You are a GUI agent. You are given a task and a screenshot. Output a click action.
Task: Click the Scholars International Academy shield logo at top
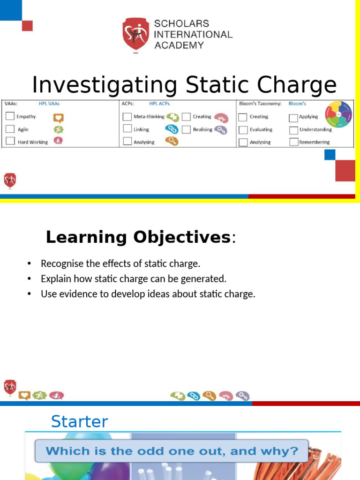click(x=136, y=34)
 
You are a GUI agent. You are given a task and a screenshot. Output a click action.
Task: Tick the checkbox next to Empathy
click(x=10, y=116)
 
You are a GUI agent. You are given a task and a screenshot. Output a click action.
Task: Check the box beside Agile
click(x=10, y=129)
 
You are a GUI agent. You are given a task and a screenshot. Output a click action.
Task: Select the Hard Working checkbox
click(x=10, y=141)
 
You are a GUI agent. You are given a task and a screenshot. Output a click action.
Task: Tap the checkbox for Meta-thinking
click(x=127, y=116)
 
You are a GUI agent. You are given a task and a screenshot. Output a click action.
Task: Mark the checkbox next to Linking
click(x=127, y=128)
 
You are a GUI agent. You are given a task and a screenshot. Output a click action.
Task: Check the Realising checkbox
click(x=186, y=129)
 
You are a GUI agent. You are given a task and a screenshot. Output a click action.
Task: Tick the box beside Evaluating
click(x=242, y=129)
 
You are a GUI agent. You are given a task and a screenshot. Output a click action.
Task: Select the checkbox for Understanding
click(x=293, y=130)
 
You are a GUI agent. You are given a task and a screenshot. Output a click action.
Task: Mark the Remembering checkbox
click(x=293, y=142)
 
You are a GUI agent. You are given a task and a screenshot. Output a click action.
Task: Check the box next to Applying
click(x=293, y=118)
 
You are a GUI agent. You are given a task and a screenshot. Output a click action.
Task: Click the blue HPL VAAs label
click(x=49, y=103)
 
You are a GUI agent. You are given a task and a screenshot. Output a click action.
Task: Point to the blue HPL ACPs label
click(x=159, y=103)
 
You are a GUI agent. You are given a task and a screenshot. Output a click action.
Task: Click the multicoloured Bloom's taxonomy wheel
click(x=338, y=114)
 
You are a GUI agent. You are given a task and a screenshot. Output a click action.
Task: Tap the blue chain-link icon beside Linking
click(x=172, y=129)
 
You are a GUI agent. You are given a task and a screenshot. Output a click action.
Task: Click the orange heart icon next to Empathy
click(x=58, y=118)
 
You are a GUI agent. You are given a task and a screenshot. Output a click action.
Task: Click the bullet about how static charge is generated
click(x=133, y=279)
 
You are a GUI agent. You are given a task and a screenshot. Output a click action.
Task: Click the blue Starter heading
click(x=79, y=421)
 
